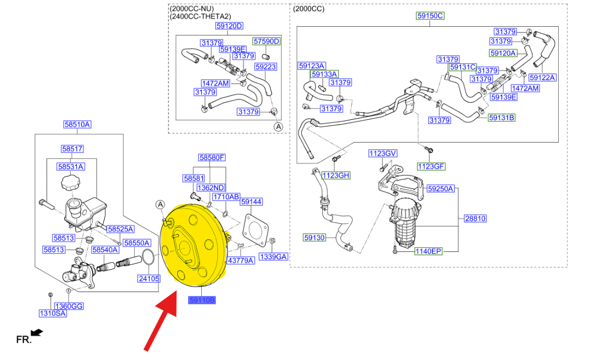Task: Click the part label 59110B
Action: pos(202,300)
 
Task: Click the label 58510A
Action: pos(77,125)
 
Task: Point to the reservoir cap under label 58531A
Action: pos(70,182)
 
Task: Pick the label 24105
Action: pos(149,279)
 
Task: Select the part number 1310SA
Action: pos(52,313)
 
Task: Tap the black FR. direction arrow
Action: pos(37,332)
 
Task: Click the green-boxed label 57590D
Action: pos(267,41)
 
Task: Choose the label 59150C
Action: pos(430,16)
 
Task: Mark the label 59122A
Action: pos(542,78)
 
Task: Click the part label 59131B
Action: pos(501,118)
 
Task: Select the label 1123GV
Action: pos(383,153)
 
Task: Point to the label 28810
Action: pos(475,218)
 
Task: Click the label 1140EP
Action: pos(428,251)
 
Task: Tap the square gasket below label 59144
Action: pos(255,231)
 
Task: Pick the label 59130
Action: pos(314,238)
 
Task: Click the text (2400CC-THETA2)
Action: pos(200,16)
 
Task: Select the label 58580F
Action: pos(212,157)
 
